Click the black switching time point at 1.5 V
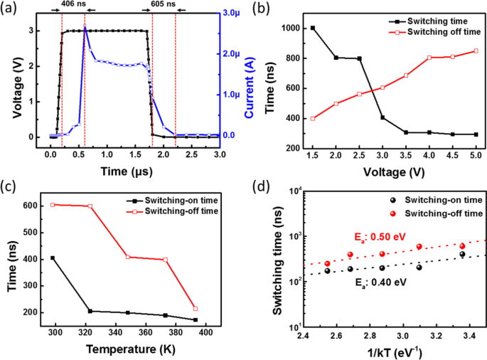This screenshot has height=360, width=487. pyautogui.click(x=312, y=28)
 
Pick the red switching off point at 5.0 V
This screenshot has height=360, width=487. pyautogui.click(x=476, y=51)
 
